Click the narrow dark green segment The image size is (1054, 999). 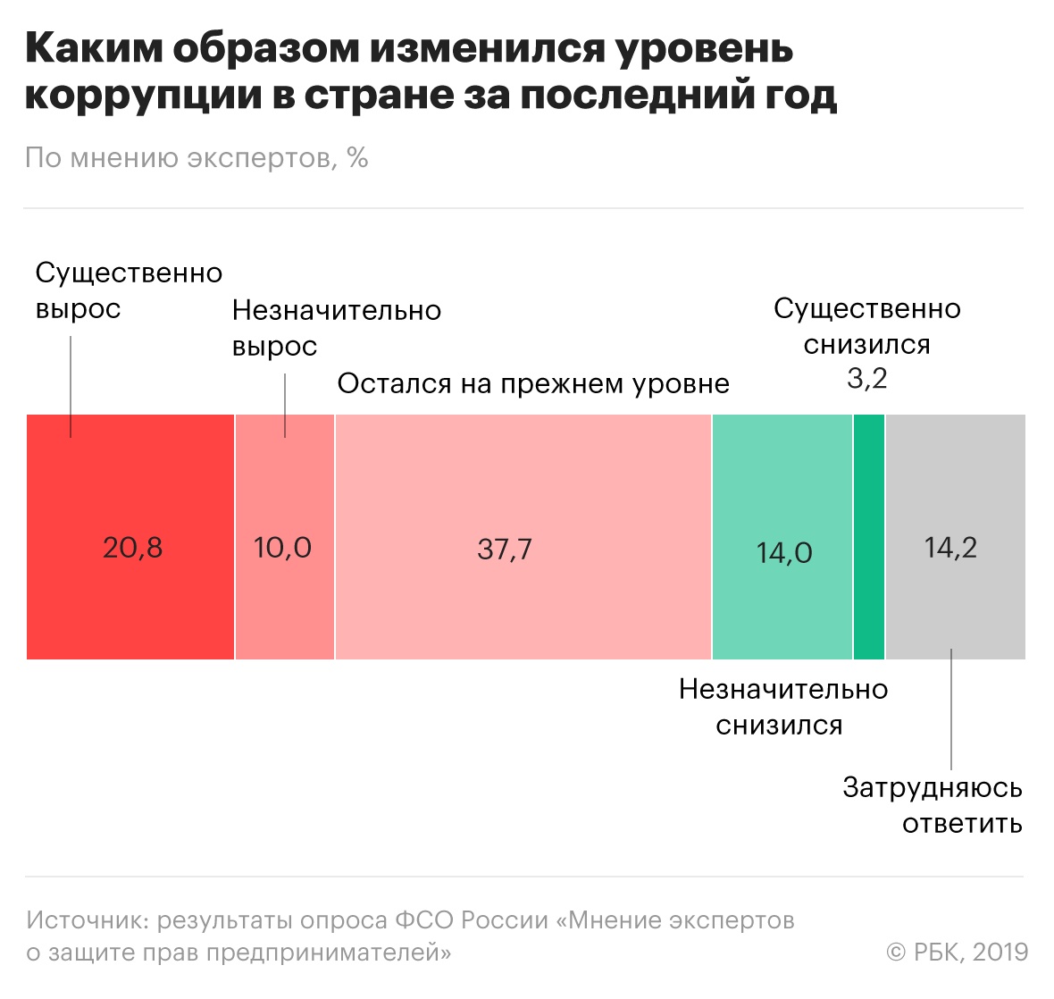point(868,537)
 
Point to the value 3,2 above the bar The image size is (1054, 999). point(866,379)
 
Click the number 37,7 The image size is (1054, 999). point(505,549)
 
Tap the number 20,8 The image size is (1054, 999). point(132,547)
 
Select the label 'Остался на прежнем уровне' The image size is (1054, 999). point(533,383)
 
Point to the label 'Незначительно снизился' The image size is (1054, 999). point(782,707)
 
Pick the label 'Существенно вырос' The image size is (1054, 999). point(128,290)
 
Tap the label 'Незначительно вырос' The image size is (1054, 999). point(336,328)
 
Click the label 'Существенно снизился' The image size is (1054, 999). point(866,326)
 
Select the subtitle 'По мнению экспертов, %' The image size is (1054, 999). point(197,158)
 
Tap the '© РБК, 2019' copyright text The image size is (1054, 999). point(957,952)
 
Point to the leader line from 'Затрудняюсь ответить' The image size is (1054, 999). point(951,710)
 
